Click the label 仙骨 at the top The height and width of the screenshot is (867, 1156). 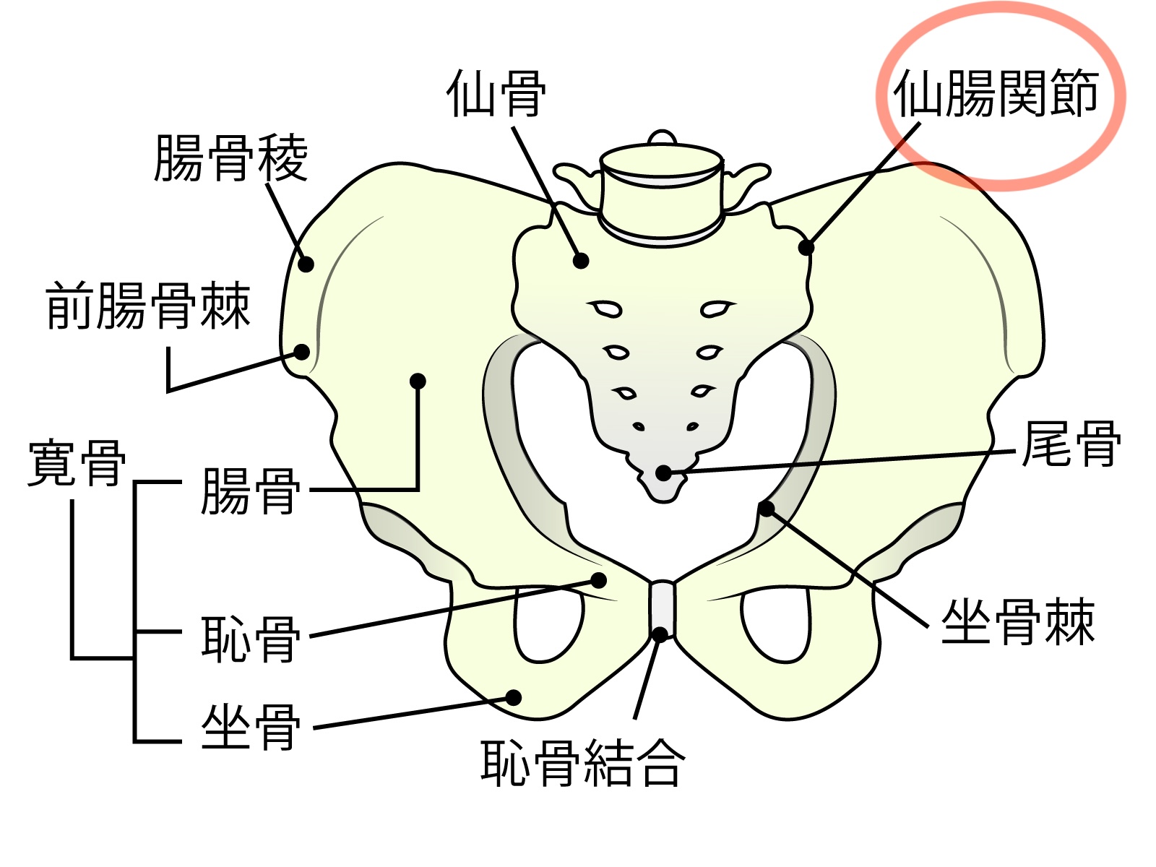tap(496, 95)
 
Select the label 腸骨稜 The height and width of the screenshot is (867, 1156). tap(231, 158)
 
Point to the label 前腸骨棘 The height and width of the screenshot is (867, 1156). tap(148, 306)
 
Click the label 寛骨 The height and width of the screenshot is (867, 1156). tap(77, 463)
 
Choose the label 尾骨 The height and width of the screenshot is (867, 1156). tap(1071, 445)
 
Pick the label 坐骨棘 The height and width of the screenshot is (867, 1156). tap(1017, 622)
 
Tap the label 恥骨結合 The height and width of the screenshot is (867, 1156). tap(582, 762)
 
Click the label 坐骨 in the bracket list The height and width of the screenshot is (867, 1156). tap(250, 728)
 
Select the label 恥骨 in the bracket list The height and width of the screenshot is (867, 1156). tap(250, 639)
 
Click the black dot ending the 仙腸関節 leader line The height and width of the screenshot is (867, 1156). tap(806, 248)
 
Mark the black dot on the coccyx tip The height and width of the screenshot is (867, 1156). tap(663, 474)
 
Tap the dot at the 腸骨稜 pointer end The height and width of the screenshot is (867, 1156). tap(306, 264)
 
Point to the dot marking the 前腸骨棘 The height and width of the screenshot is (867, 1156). tap(302, 353)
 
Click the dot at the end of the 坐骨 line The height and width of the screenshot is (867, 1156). tap(514, 697)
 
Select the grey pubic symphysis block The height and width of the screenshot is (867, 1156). tap(662, 607)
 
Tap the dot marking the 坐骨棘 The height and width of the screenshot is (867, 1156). tap(767, 509)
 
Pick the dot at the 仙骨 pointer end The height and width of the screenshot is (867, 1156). tap(581, 261)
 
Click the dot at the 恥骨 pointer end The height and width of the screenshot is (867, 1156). tap(599, 579)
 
